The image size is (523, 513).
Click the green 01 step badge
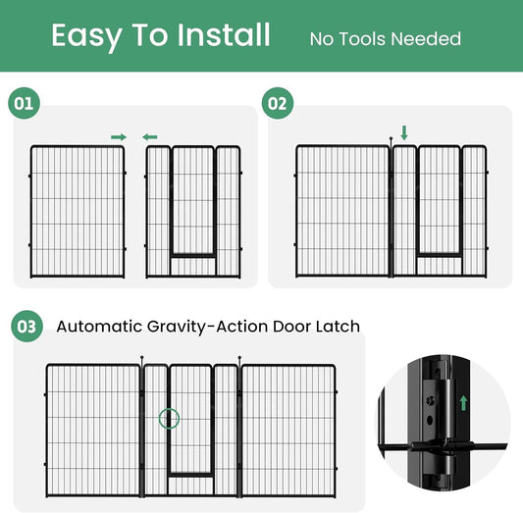(x=24, y=103)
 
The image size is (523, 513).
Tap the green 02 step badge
(x=278, y=103)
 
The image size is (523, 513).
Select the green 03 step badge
(x=26, y=326)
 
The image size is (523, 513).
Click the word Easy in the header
(x=86, y=36)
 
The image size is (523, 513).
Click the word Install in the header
(x=223, y=34)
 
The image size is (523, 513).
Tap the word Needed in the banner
(x=426, y=38)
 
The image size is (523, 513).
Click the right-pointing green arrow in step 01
(x=119, y=137)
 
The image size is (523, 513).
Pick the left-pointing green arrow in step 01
(x=150, y=137)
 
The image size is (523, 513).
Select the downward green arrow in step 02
(x=404, y=132)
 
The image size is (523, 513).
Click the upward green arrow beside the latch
(x=463, y=403)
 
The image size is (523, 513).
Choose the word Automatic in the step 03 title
(x=99, y=327)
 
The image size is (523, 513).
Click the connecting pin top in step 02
(x=391, y=138)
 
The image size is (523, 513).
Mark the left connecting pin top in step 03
(x=141, y=357)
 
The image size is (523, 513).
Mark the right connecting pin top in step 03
(x=239, y=358)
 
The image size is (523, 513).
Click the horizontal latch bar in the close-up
(x=444, y=446)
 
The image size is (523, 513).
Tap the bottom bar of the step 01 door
(x=193, y=256)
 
